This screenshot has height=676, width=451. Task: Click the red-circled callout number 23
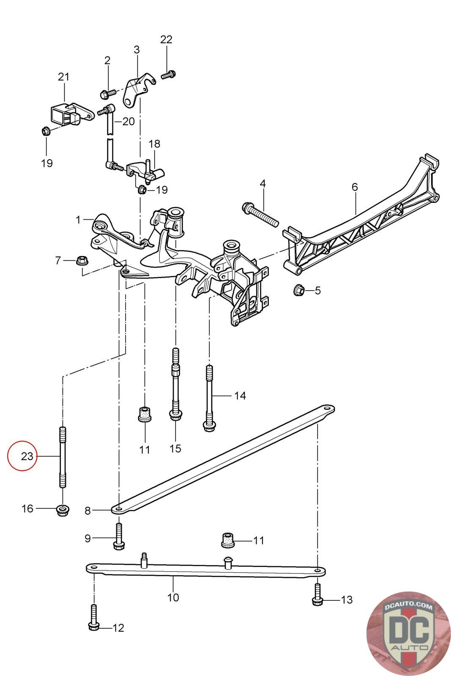(27, 456)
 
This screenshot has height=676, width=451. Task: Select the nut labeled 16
(63, 510)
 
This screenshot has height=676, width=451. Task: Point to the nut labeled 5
(299, 290)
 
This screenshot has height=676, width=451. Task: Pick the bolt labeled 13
(317, 597)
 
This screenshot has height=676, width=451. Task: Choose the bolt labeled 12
(94, 620)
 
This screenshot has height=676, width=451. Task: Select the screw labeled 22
(168, 75)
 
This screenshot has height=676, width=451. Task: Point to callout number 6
(354, 187)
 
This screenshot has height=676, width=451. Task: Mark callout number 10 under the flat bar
(173, 597)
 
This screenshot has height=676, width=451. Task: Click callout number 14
(240, 395)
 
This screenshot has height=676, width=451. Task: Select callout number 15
(175, 448)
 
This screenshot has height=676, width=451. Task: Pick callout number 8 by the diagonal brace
(87, 510)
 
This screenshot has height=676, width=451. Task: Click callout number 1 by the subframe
(78, 220)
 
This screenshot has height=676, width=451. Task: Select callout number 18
(154, 144)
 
